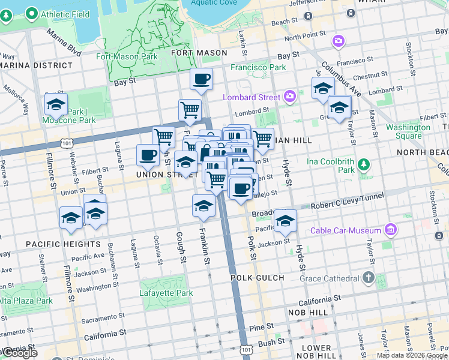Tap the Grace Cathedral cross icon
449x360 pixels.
[x=368, y=278]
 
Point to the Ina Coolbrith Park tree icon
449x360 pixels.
[x=363, y=164]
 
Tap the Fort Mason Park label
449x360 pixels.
[x=127, y=57]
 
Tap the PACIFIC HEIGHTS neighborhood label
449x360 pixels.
[x=63, y=244]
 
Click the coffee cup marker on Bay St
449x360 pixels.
[x=201, y=79]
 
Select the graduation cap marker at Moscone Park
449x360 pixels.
[x=56, y=104]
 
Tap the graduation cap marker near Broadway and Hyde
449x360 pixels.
[x=285, y=220]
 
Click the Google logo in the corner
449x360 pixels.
[x=19, y=353]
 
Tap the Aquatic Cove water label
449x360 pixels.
[x=213, y=2]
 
